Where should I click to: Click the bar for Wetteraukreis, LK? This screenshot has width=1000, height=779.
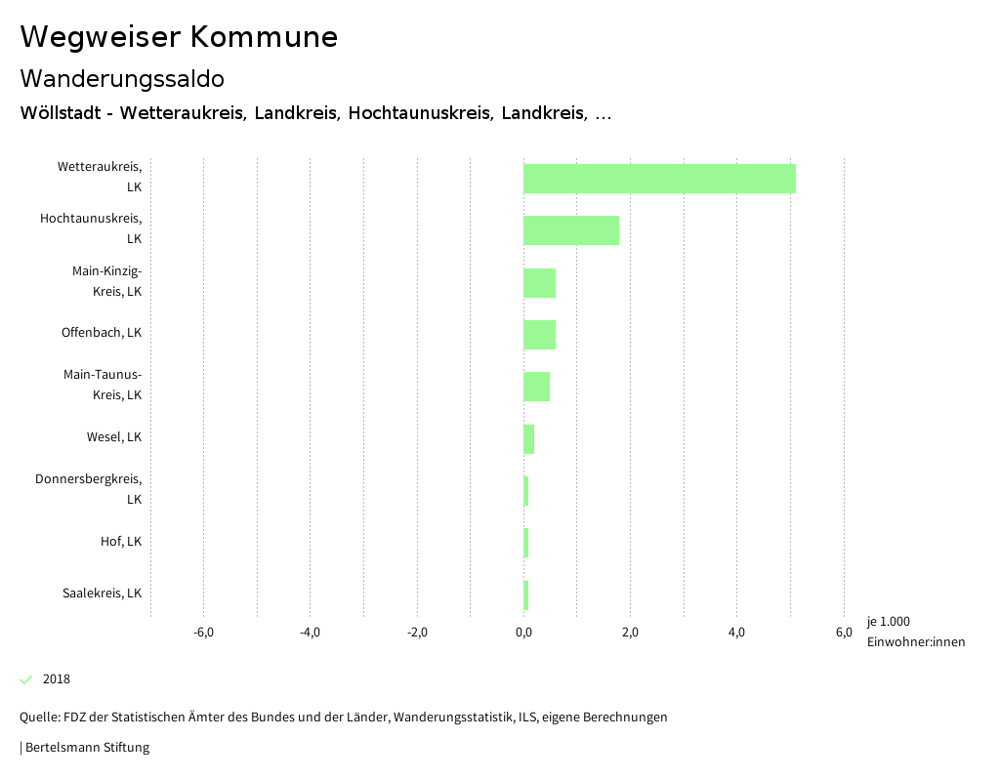659,179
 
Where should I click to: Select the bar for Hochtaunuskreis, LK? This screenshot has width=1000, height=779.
571,230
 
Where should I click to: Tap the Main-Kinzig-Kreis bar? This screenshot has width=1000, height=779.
539,283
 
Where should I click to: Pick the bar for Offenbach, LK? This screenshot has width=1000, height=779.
539,335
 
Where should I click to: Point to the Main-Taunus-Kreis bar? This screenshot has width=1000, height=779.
536,387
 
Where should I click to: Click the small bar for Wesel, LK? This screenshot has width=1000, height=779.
528,439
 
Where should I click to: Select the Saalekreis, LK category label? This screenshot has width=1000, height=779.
102,594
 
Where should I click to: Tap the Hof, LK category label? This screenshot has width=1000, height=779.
121,542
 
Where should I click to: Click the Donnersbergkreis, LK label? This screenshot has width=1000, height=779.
89,489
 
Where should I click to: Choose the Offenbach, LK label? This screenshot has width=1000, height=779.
102,333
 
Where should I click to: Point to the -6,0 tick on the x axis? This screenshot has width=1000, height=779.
203,633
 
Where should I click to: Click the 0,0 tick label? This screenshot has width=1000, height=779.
523,633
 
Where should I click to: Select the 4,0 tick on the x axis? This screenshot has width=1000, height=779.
737,633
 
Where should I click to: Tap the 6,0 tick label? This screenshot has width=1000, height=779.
844,633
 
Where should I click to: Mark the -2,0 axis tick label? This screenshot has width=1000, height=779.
417,633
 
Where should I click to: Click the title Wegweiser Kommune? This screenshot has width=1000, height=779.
179,37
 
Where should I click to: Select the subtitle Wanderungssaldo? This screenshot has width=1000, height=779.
122,78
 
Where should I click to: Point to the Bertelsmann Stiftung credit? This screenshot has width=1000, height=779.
86,748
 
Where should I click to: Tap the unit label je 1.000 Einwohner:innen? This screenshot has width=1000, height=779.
915,632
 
